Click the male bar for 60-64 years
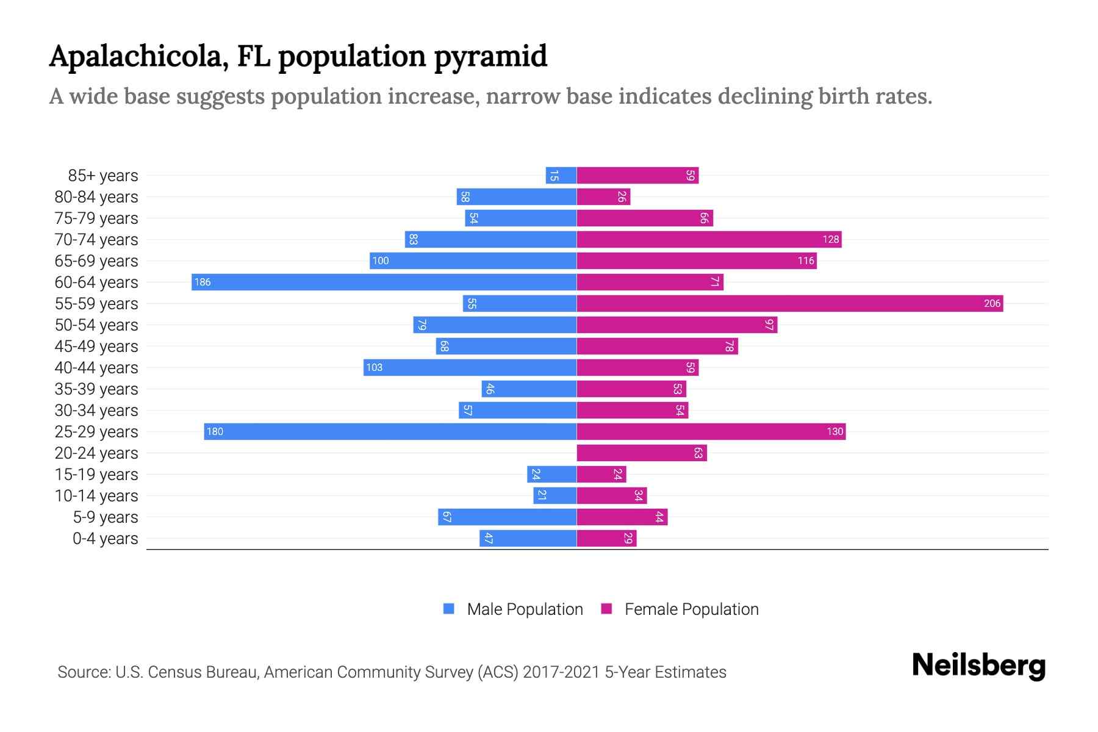tap(384, 282)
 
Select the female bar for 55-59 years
tap(790, 303)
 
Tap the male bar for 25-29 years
tap(390, 431)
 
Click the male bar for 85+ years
tap(561, 176)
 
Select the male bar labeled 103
tap(470, 367)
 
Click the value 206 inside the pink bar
tap(992, 303)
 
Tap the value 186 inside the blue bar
tap(203, 282)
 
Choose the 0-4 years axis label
tap(105, 539)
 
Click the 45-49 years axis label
tap(96, 346)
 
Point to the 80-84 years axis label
tap(96, 197)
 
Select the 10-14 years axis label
tap(96, 496)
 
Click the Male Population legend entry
tap(525, 609)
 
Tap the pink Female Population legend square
tap(606, 609)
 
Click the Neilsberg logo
tap(978, 666)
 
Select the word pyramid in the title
tap(490, 57)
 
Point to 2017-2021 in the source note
tap(561, 672)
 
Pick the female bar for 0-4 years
tap(606, 538)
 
